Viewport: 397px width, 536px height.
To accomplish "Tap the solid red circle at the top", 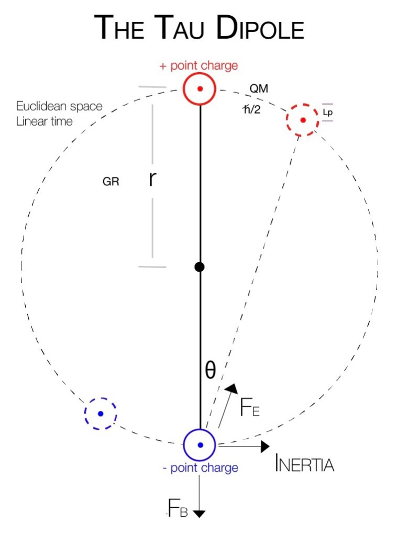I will coord(200,89).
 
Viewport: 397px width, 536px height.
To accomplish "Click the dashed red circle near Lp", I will coord(303,120).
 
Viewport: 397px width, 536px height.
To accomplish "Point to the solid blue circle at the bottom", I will coord(200,445).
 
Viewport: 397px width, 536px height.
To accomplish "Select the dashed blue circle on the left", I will coord(100,414).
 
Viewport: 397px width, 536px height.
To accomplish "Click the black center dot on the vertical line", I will coord(199,267).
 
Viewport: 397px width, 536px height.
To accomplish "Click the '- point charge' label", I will coord(200,467).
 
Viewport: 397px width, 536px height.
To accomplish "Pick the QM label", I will coord(259,89).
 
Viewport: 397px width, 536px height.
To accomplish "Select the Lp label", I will coord(327,112).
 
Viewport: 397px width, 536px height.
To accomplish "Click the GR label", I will coord(111,182).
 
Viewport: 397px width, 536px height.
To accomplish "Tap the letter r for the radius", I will coord(152,179).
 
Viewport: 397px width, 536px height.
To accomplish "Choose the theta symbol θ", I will coord(209,370).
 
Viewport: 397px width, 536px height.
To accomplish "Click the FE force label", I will coord(249,408).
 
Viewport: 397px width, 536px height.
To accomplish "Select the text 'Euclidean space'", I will coord(59,106).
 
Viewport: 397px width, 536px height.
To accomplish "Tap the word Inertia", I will coord(304,464).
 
